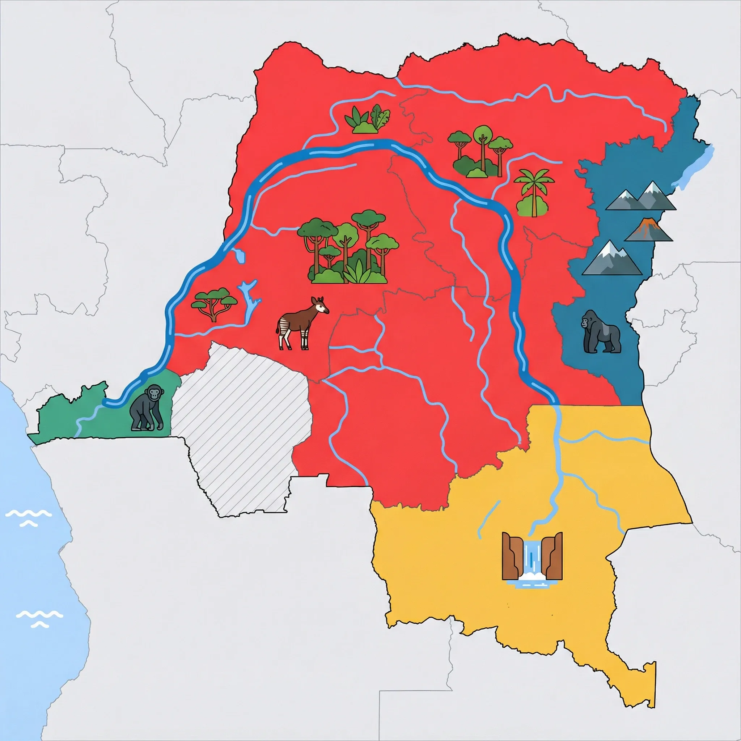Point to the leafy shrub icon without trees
coord(368,120)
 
